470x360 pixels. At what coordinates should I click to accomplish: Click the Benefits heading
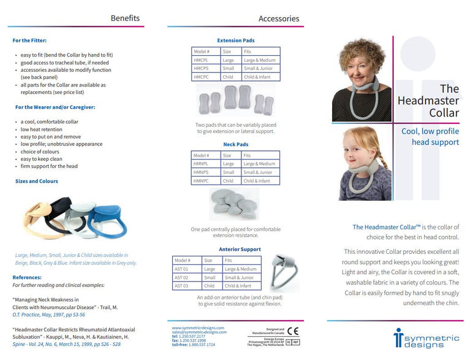125,18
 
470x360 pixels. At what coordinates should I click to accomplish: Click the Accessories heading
278,18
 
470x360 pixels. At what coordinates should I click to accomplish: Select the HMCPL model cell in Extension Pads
202,60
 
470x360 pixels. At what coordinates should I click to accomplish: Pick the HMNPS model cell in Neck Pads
202,172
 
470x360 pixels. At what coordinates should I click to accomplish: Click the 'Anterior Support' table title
240,249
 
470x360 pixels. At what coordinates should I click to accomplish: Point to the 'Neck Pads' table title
235,145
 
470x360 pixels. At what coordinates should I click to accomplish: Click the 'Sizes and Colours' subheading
37,182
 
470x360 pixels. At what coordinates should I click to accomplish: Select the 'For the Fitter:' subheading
29,40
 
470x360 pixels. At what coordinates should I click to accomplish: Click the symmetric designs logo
426,337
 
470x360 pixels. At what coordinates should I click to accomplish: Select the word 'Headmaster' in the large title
428,101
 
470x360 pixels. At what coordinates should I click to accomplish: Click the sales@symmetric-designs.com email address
198,332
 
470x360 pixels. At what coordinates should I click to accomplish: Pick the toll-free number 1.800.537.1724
202,345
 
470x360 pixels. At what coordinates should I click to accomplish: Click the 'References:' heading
27,277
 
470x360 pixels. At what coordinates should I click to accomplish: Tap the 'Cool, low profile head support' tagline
430,137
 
